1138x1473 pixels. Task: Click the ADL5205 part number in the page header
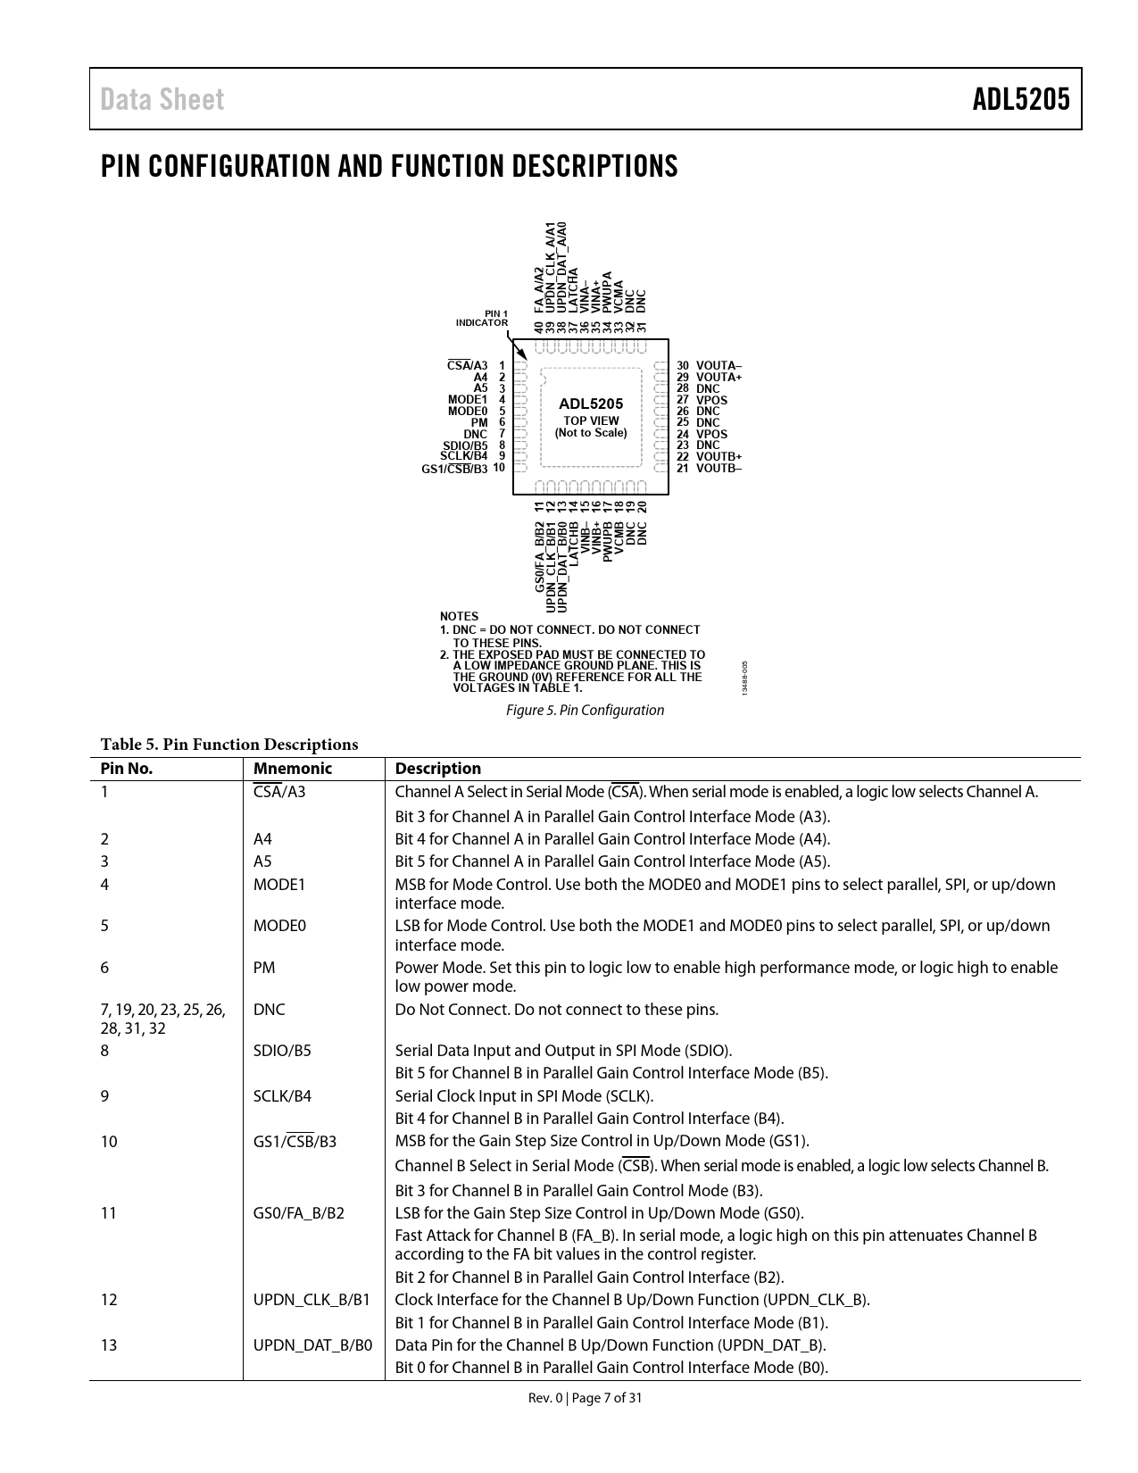[1020, 99]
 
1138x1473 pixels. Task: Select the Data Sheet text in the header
[162, 99]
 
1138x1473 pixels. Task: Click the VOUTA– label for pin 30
[719, 366]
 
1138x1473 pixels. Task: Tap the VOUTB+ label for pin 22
[719, 456]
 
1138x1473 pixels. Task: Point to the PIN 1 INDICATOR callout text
[482, 318]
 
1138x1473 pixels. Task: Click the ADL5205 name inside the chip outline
[591, 404]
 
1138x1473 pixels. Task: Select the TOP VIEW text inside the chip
[591, 420]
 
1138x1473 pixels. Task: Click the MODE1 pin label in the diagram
[468, 400]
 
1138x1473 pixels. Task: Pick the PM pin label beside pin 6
[479, 422]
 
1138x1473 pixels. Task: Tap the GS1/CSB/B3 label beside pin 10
[454, 469]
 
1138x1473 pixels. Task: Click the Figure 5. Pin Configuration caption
[585, 711]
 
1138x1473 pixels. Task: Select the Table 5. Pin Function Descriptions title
[229, 745]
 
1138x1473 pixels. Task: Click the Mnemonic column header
[292, 769]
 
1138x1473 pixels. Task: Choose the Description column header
[437, 769]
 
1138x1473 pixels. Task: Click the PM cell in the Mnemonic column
[264, 968]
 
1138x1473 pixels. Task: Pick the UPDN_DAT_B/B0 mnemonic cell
[313, 1345]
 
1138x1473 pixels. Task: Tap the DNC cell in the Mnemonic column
[270, 1010]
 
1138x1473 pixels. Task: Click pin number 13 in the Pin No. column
[109, 1345]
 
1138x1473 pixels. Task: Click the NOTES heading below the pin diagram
[459, 617]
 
